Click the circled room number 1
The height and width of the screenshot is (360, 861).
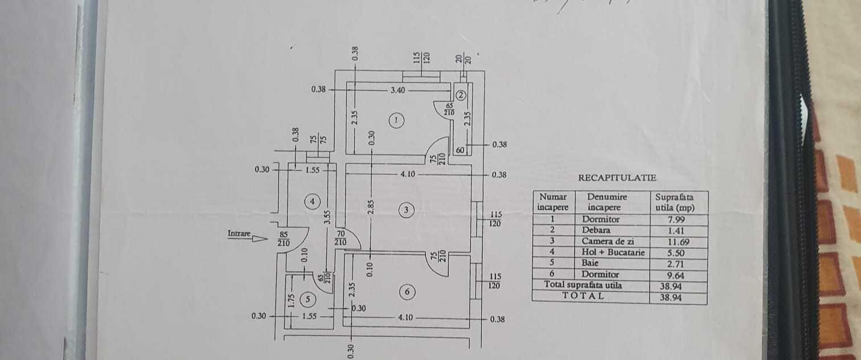396,120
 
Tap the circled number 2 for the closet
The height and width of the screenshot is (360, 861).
461,95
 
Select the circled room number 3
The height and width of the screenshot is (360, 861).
406,210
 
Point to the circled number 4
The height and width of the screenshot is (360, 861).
312,202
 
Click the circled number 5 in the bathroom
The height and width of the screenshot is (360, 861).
307,299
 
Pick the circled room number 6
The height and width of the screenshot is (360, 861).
408,292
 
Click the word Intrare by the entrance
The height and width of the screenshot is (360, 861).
239,233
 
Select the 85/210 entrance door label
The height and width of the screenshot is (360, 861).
284,239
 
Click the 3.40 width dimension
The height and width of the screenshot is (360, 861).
398,91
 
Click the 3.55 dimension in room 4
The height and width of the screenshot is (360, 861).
327,217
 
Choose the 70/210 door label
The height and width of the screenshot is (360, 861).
341,238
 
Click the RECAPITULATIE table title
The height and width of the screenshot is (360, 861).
617,178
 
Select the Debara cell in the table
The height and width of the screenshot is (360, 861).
596,230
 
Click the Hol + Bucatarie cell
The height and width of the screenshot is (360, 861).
613,252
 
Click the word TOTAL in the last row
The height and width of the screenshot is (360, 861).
583,296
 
